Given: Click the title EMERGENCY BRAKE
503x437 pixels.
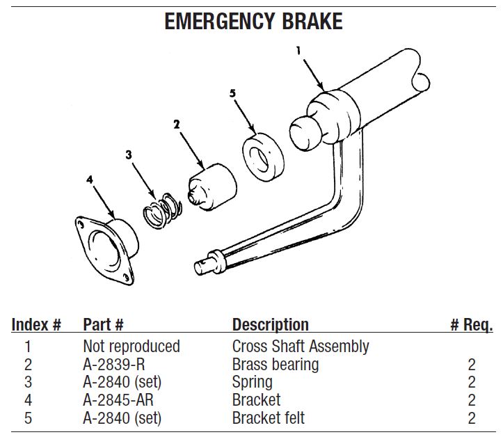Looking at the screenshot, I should click(x=253, y=21).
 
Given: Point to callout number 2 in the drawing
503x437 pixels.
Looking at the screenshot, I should click(x=177, y=125).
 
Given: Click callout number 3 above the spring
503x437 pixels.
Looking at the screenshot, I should click(x=129, y=155).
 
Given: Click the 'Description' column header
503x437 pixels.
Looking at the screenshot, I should click(x=270, y=325).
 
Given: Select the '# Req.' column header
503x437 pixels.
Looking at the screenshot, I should click(x=472, y=325).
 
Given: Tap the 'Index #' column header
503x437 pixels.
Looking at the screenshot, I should click(x=37, y=325).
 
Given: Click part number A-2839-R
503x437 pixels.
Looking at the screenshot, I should click(x=114, y=364).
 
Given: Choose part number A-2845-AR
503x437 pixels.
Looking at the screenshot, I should click(x=118, y=400).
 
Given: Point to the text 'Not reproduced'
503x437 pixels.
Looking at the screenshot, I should click(x=131, y=346).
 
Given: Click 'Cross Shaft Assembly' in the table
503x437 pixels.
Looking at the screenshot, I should click(x=301, y=346).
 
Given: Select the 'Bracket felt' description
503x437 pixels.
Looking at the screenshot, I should click(x=268, y=418).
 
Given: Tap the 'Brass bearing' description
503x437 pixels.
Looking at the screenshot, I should click(x=275, y=364).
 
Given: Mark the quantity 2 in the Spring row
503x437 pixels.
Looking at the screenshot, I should click(x=471, y=382).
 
